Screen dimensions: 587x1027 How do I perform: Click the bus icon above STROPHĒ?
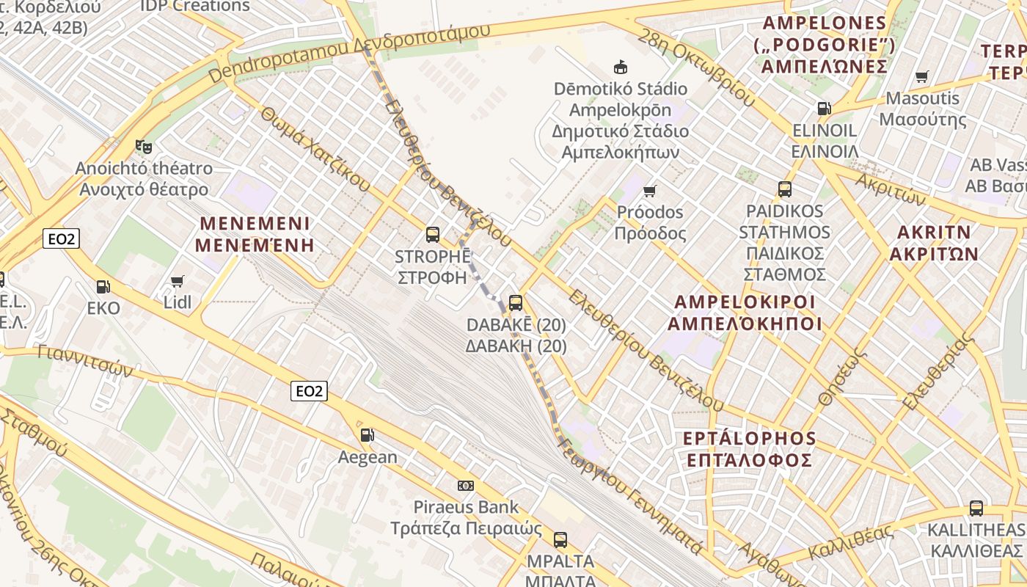[x=433, y=235]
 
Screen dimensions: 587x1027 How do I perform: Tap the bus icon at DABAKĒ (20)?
[x=516, y=302]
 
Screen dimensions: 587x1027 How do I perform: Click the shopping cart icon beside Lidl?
[x=177, y=281]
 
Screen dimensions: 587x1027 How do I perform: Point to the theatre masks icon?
[x=144, y=147]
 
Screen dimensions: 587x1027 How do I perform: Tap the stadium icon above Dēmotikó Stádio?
[x=621, y=68]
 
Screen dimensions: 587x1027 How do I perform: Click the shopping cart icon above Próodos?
[x=649, y=192]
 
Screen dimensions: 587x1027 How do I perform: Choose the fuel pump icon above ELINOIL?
[x=824, y=109]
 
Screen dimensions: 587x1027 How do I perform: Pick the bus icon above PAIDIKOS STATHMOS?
[x=785, y=189]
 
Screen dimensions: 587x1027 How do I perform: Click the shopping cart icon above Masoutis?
[x=922, y=76]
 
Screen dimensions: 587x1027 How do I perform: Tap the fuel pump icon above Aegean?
[x=367, y=435]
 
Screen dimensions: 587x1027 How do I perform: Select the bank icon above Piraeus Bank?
[x=466, y=485]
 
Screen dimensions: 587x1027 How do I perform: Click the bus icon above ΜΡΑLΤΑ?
[x=560, y=540]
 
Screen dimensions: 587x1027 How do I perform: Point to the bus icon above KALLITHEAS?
[x=976, y=508]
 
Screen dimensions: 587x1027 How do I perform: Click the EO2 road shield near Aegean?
[x=309, y=391]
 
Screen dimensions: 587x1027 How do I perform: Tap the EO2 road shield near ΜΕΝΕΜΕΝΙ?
[x=60, y=238]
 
